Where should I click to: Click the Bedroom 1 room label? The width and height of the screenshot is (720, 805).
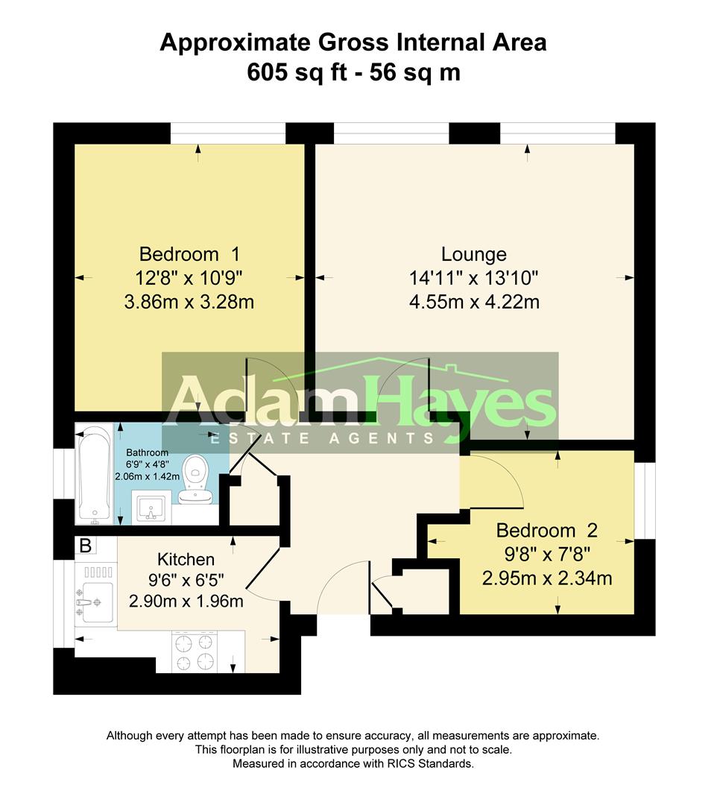pyautogui.click(x=189, y=254)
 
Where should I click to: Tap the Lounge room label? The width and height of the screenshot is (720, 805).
pyautogui.click(x=474, y=254)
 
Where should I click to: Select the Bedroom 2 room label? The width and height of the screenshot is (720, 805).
pyautogui.click(x=547, y=531)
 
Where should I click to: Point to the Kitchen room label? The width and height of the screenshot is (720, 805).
pyautogui.click(x=186, y=559)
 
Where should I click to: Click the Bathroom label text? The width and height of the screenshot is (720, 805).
pyautogui.click(x=148, y=452)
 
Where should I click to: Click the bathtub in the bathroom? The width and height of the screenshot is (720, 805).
pyautogui.click(x=93, y=474)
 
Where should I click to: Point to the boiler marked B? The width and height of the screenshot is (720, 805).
pyautogui.click(x=85, y=546)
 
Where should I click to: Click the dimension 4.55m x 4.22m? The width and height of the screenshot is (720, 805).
pyautogui.click(x=474, y=302)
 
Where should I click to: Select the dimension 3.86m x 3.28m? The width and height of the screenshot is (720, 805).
pyautogui.click(x=189, y=302)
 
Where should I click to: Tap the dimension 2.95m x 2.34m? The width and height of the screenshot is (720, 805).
pyautogui.click(x=547, y=578)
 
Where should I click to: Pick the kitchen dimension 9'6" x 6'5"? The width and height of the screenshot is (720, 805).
pyautogui.click(x=186, y=580)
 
